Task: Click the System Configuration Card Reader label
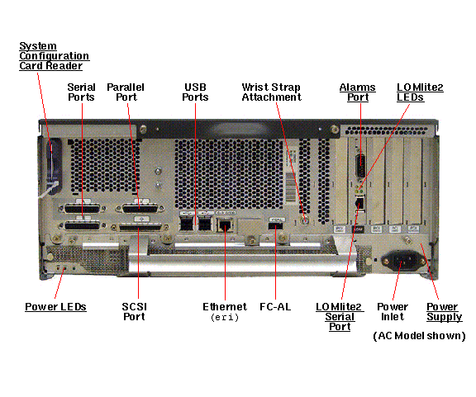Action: point(54,56)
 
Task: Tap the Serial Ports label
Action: point(81,92)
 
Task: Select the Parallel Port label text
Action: point(126,92)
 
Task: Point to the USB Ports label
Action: point(195,92)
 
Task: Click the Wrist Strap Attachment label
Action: point(271,92)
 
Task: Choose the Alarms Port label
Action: point(358,92)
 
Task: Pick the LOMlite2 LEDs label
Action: point(420,92)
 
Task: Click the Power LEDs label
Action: point(55,307)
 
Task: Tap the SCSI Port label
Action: point(134,311)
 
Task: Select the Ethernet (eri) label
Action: point(225,312)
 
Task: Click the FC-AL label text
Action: point(275,307)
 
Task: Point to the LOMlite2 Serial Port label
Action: point(340,317)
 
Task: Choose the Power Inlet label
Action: point(393,311)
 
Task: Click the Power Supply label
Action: point(444,312)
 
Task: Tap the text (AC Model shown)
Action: point(419,336)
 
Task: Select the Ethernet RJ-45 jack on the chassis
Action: point(225,225)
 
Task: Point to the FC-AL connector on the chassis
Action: point(276,226)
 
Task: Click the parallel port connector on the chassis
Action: point(140,209)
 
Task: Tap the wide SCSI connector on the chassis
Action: point(140,228)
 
